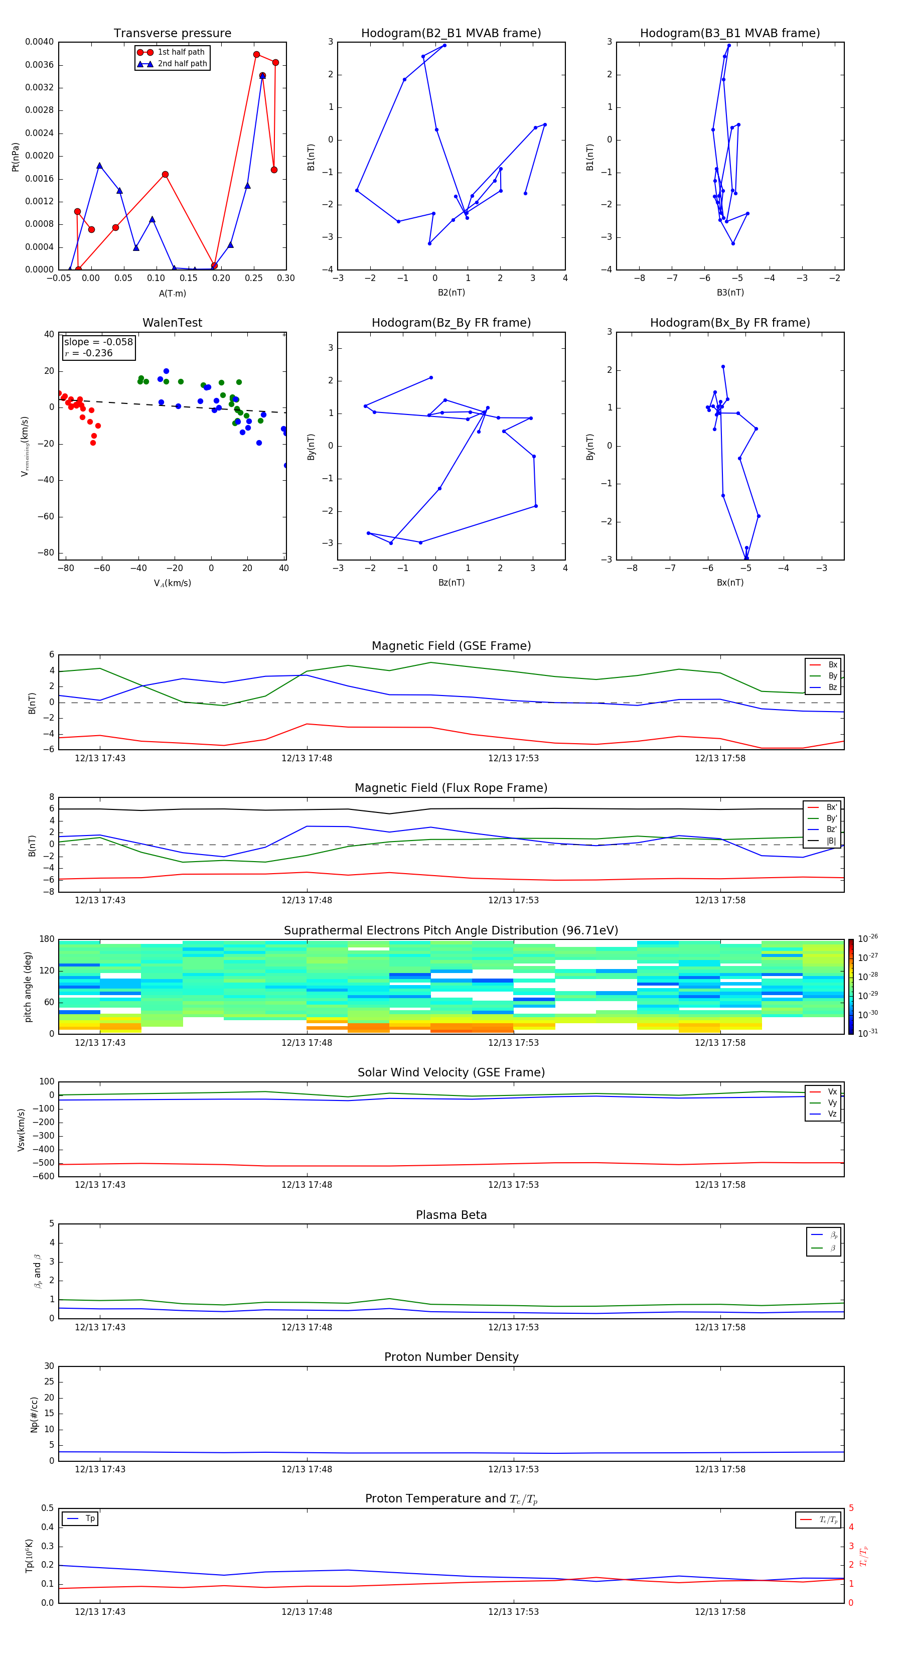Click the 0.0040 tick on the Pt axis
point(39,42)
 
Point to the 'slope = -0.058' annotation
point(98,342)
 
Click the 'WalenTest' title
point(172,323)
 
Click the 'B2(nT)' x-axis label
point(451,293)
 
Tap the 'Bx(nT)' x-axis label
point(729,583)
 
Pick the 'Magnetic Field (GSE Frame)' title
point(451,646)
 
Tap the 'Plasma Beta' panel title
point(451,1215)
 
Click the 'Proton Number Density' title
point(451,1357)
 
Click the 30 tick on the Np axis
point(49,1366)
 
